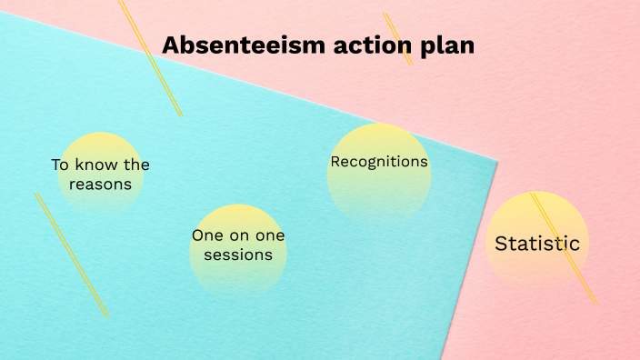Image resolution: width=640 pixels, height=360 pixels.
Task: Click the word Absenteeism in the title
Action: (x=235, y=45)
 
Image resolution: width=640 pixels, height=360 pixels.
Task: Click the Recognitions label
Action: (x=379, y=162)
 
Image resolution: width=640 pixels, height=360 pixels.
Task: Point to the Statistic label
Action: (x=537, y=244)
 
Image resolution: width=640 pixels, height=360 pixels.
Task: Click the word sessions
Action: (x=238, y=255)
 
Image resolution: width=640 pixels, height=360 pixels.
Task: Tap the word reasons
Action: (x=101, y=185)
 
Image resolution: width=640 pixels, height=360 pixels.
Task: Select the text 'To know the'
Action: (x=100, y=165)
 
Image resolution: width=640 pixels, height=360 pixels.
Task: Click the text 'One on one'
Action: (x=238, y=235)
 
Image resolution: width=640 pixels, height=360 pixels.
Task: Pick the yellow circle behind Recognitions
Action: (x=379, y=195)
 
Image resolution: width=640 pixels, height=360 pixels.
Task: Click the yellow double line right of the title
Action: (x=397, y=38)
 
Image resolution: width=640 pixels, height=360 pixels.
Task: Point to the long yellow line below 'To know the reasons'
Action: (x=72, y=255)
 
